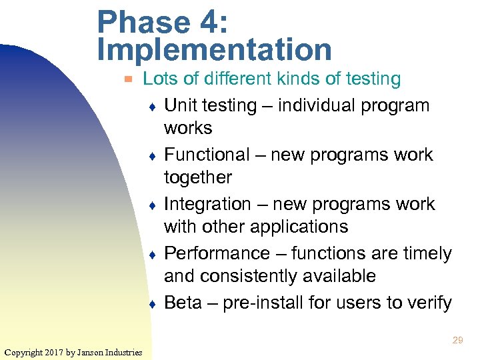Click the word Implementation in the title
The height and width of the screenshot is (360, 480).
tap(214, 49)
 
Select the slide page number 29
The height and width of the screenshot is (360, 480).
tap(457, 340)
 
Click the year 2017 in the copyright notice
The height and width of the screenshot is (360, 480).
tap(56, 352)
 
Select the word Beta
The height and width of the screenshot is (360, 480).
tap(183, 303)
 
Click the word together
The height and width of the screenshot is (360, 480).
tap(198, 177)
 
